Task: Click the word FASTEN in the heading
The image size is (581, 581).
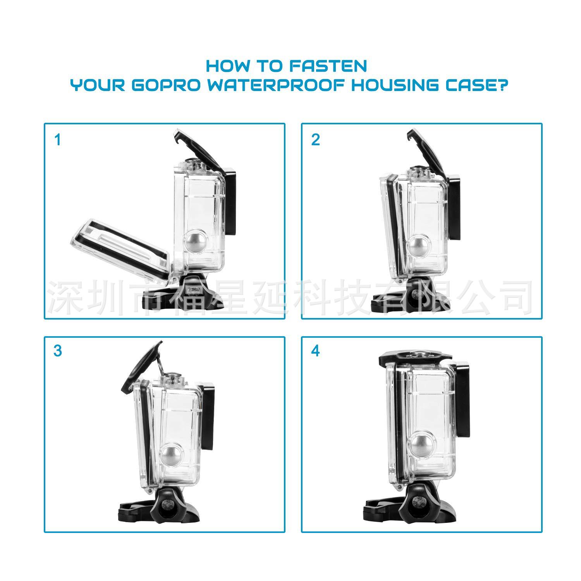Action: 328,66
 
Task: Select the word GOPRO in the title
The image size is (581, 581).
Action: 166,85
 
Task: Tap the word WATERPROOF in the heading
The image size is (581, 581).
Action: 276,85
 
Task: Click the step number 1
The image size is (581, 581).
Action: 58,140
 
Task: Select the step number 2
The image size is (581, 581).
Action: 316,140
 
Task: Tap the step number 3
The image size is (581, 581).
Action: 58,351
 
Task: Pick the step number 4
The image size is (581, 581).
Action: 316,351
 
